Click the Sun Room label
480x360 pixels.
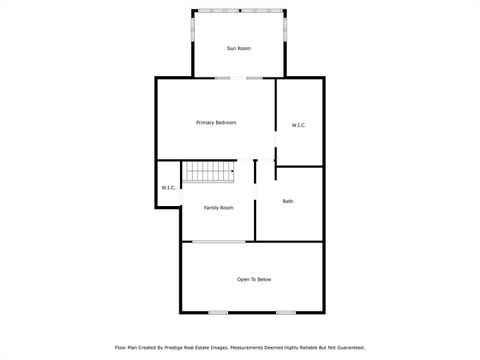pyautogui.click(x=238, y=48)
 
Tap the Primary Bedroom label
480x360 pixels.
pyautogui.click(x=216, y=122)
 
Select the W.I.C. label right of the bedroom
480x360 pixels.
pyautogui.click(x=299, y=125)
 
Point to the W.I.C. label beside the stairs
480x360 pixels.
pyautogui.click(x=168, y=188)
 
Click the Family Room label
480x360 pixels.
pyautogui.click(x=219, y=207)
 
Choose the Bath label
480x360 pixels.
pyautogui.click(x=288, y=201)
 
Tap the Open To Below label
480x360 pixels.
pyautogui.click(x=254, y=279)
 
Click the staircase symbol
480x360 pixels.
pyautogui.click(x=208, y=172)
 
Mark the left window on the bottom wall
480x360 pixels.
pyautogui.click(x=217, y=312)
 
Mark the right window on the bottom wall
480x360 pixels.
pyautogui.click(x=286, y=312)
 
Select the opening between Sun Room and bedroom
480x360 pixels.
pyautogui.click(x=239, y=77)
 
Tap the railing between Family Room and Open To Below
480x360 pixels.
pyautogui.click(x=219, y=241)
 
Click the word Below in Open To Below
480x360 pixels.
pyautogui.click(x=264, y=279)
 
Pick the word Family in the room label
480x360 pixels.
pyautogui.click(x=211, y=207)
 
